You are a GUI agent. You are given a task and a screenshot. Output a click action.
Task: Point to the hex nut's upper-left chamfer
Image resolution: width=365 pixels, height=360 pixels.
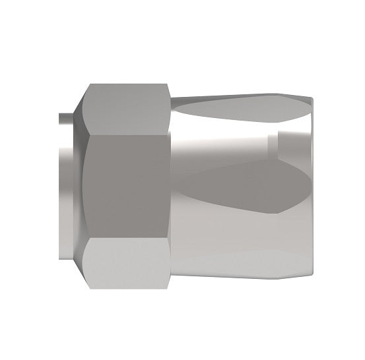(x=84, y=109)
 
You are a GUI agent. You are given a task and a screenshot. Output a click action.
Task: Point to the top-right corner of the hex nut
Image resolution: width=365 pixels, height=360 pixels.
(x=170, y=84)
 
